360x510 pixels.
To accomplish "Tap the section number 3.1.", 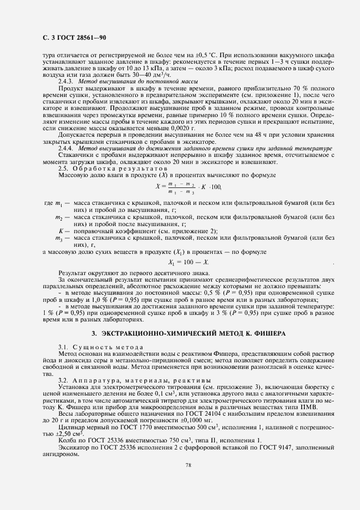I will pyautogui.click(x=63, y=347).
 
